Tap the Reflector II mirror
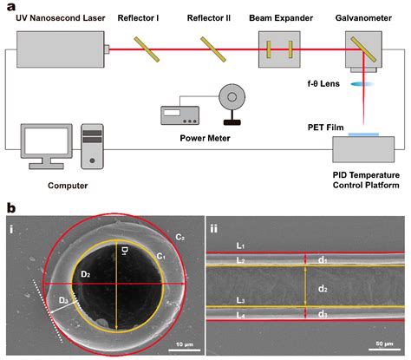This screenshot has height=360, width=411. pos(210,50)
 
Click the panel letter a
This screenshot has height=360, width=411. pos(10,8)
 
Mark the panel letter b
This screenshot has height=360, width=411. pos(10,208)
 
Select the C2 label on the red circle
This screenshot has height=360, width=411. pos(179,237)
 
